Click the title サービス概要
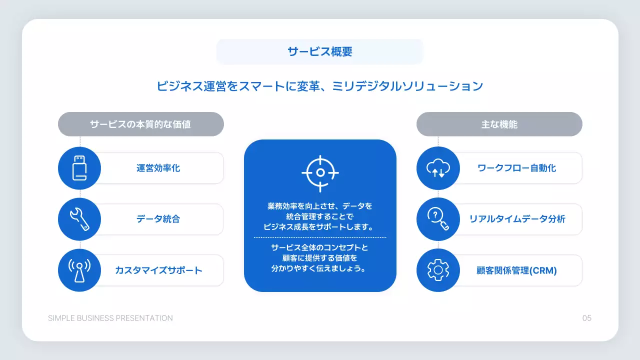(320, 52)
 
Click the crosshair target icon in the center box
(320, 173)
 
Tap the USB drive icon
(79, 168)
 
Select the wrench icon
(79, 219)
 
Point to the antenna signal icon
(79, 270)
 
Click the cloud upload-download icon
(438, 168)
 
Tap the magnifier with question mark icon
(438, 219)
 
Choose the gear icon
(438, 270)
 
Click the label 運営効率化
(158, 168)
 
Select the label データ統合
(158, 219)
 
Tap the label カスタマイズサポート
(158, 270)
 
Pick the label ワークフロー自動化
(516, 168)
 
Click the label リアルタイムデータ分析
(517, 219)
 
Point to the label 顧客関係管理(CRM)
(516, 270)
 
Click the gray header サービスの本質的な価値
(140, 124)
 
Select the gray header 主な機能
(499, 124)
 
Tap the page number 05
(586, 318)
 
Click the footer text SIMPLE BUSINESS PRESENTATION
(110, 318)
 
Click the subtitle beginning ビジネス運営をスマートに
(320, 86)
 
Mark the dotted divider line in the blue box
(320, 237)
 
